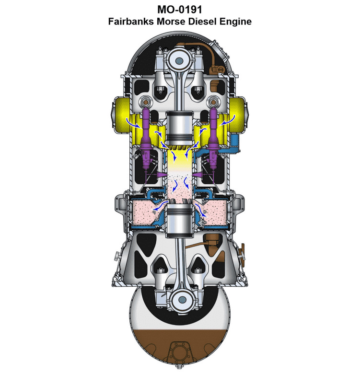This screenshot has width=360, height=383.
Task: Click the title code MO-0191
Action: pos(180,10)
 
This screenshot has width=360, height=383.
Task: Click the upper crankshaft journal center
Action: pos(180,61)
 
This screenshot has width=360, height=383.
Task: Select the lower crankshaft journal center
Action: pos(181,300)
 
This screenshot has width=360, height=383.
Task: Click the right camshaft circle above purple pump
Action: pos(214,102)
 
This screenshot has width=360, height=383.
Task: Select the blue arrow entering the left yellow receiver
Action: pos(129,122)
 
